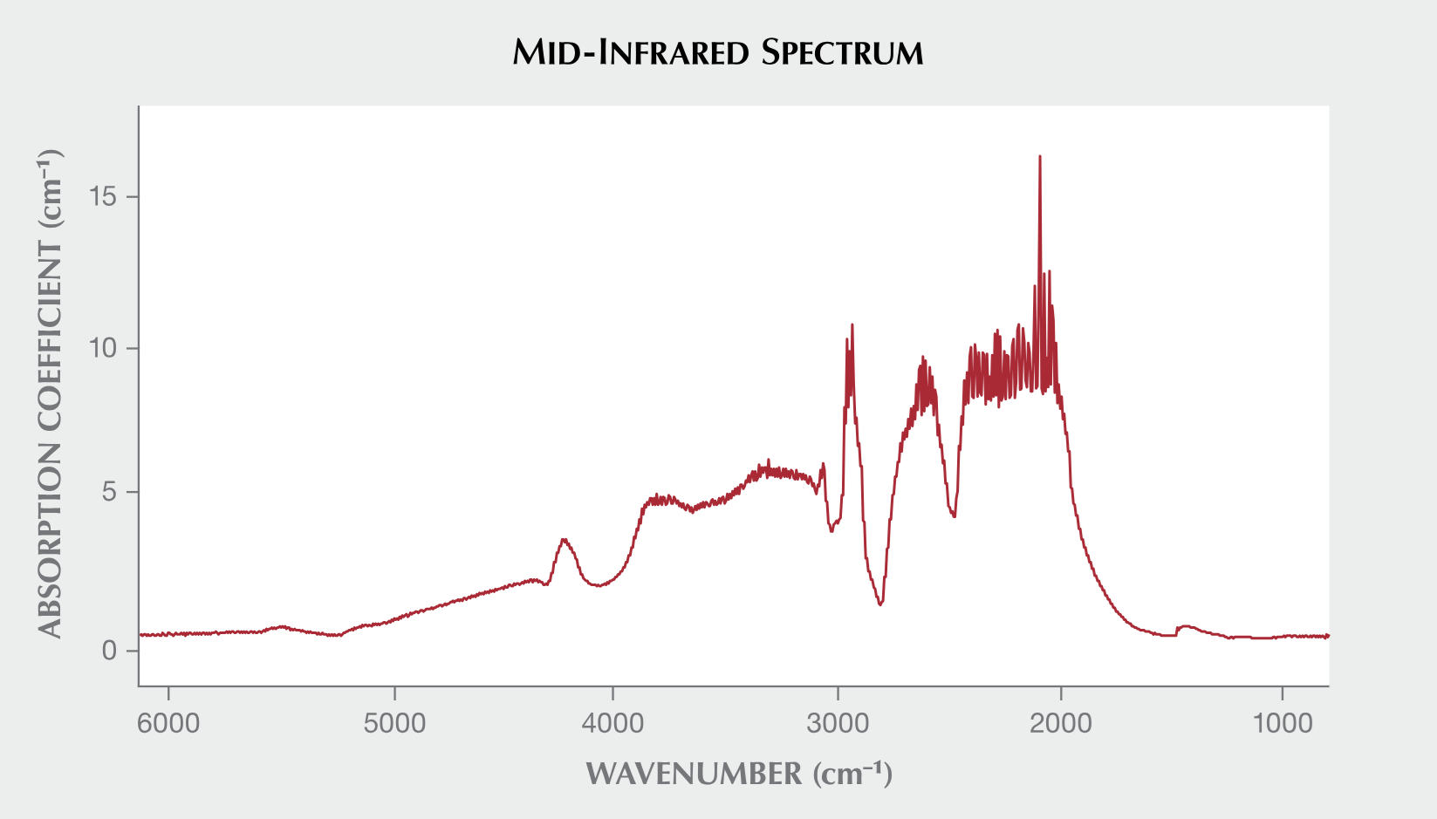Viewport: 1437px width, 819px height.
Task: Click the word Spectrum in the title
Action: click(842, 53)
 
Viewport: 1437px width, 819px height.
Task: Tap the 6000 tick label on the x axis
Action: click(169, 723)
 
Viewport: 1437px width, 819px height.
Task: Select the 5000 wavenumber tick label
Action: click(394, 723)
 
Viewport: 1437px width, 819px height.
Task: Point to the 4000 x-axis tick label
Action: click(613, 723)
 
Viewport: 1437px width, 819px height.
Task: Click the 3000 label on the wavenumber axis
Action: click(838, 723)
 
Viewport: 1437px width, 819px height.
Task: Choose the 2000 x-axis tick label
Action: click(1061, 723)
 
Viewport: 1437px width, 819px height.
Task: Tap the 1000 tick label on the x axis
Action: click(1282, 723)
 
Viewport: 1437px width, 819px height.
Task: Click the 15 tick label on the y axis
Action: click(103, 197)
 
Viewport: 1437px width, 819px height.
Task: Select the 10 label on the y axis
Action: click(103, 349)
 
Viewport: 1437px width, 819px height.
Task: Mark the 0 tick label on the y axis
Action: click(109, 651)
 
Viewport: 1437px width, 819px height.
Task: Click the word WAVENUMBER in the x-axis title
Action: click(694, 774)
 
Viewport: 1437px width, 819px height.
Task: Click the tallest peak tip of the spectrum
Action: click(1039, 157)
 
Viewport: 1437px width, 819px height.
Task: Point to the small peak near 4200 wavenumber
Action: click(565, 540)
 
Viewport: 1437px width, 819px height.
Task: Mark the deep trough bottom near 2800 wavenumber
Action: click(881, 604)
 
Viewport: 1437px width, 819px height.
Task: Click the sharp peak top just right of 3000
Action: click(852, 324)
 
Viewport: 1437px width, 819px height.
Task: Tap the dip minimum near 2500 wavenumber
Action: click(955, 516)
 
